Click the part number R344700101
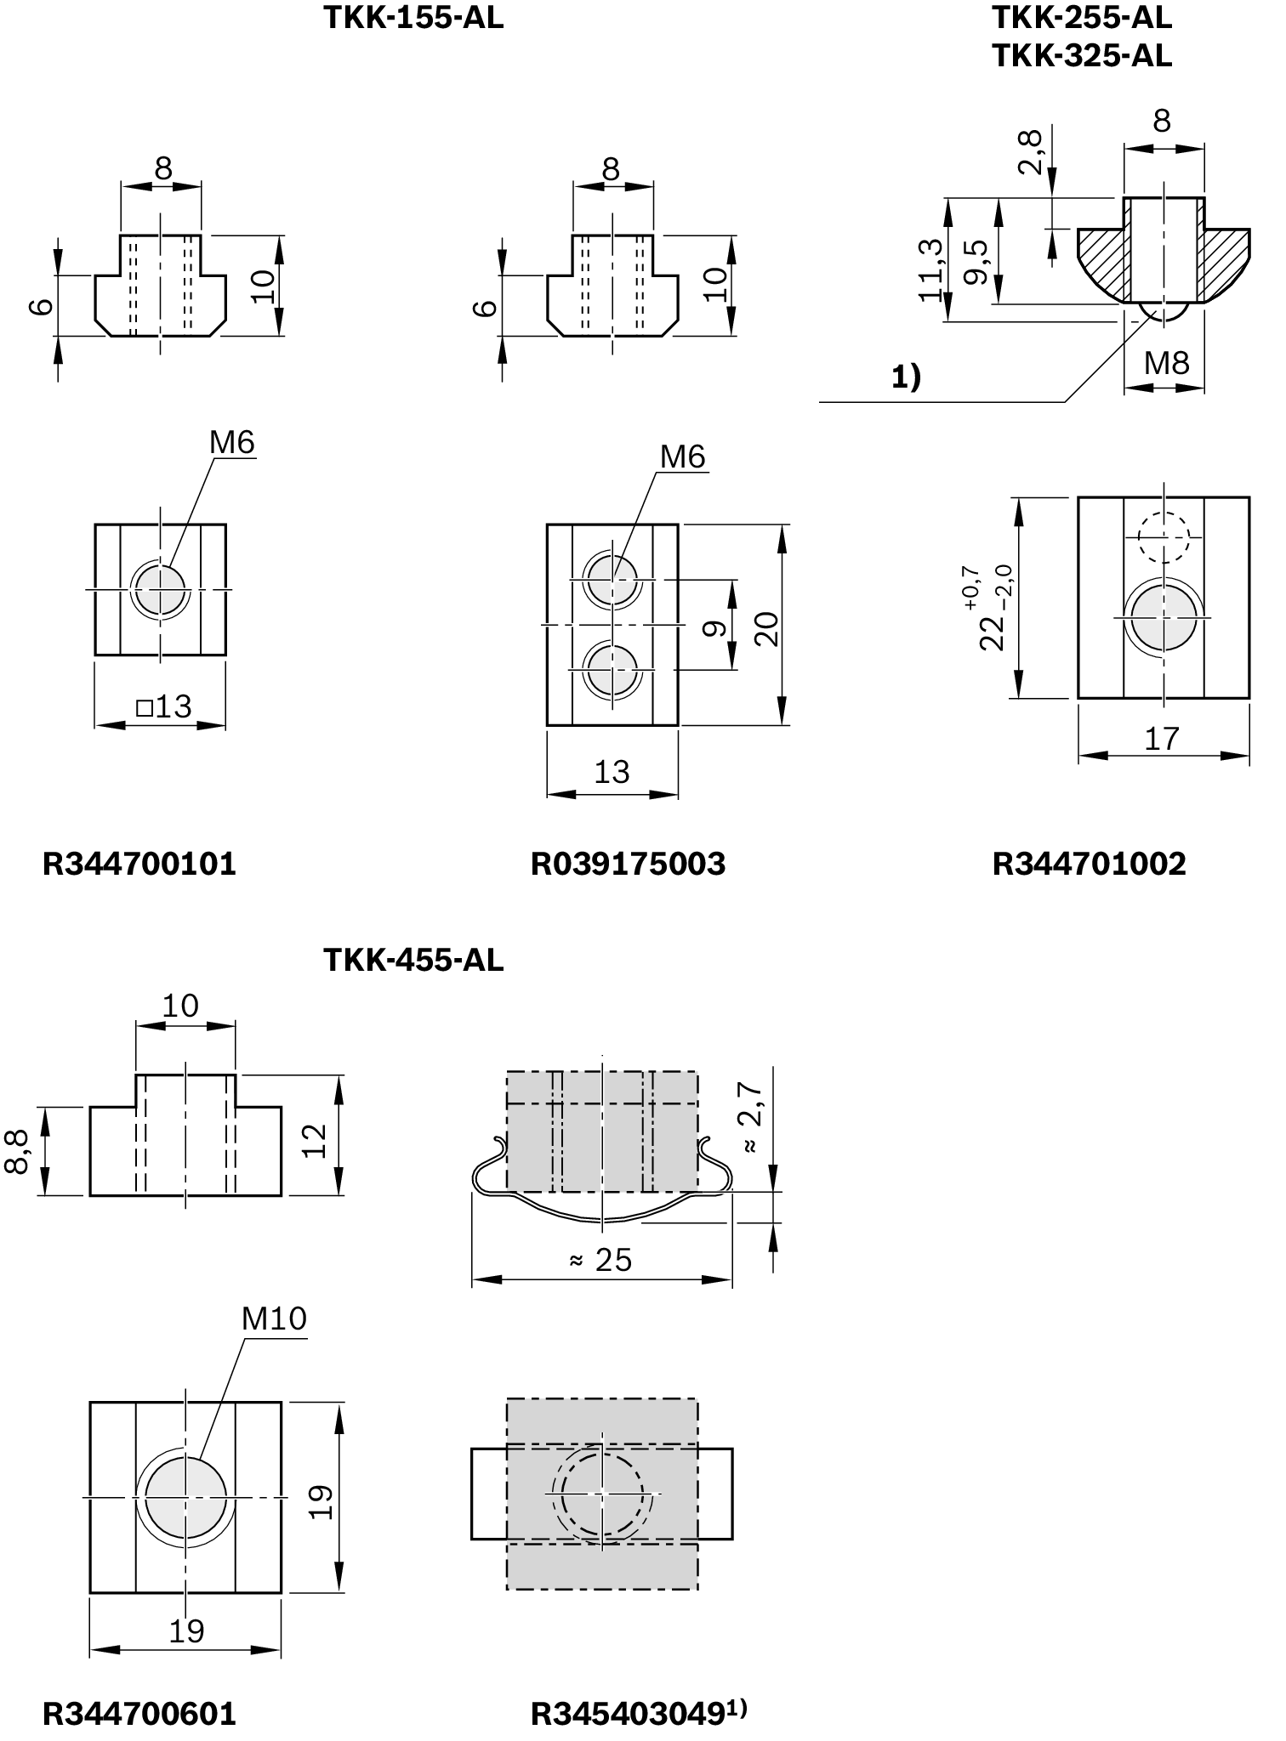139,864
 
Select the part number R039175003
628,864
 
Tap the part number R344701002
1089,864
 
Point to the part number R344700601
139,1714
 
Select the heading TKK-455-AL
413,961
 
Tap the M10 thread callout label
274,1319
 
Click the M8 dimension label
1166,364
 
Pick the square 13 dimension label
163,706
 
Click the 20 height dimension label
767,629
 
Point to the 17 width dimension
1162,739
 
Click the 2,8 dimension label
1030,151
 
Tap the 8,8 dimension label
17,1151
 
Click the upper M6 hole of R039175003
612,578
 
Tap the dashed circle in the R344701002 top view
1164,536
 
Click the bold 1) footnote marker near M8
906,376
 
